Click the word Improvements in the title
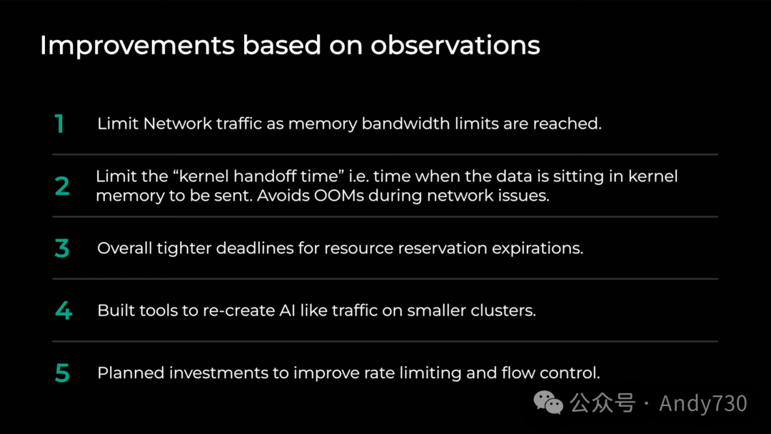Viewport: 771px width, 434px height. point(137,46)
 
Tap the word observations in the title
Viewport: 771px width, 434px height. point(455,45)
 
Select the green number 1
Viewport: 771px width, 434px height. point(59,124)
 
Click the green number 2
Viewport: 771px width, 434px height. point(62,186)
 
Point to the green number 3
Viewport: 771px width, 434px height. point(62,248)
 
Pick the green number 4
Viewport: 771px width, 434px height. point(64,311)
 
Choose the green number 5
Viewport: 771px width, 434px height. point(62,373)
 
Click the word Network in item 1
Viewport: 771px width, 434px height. point(178,123)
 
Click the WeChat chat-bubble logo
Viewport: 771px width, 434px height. point(548,403)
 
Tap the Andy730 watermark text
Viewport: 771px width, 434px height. point(703,403)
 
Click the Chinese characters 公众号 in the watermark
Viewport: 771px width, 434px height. point(603,403)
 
